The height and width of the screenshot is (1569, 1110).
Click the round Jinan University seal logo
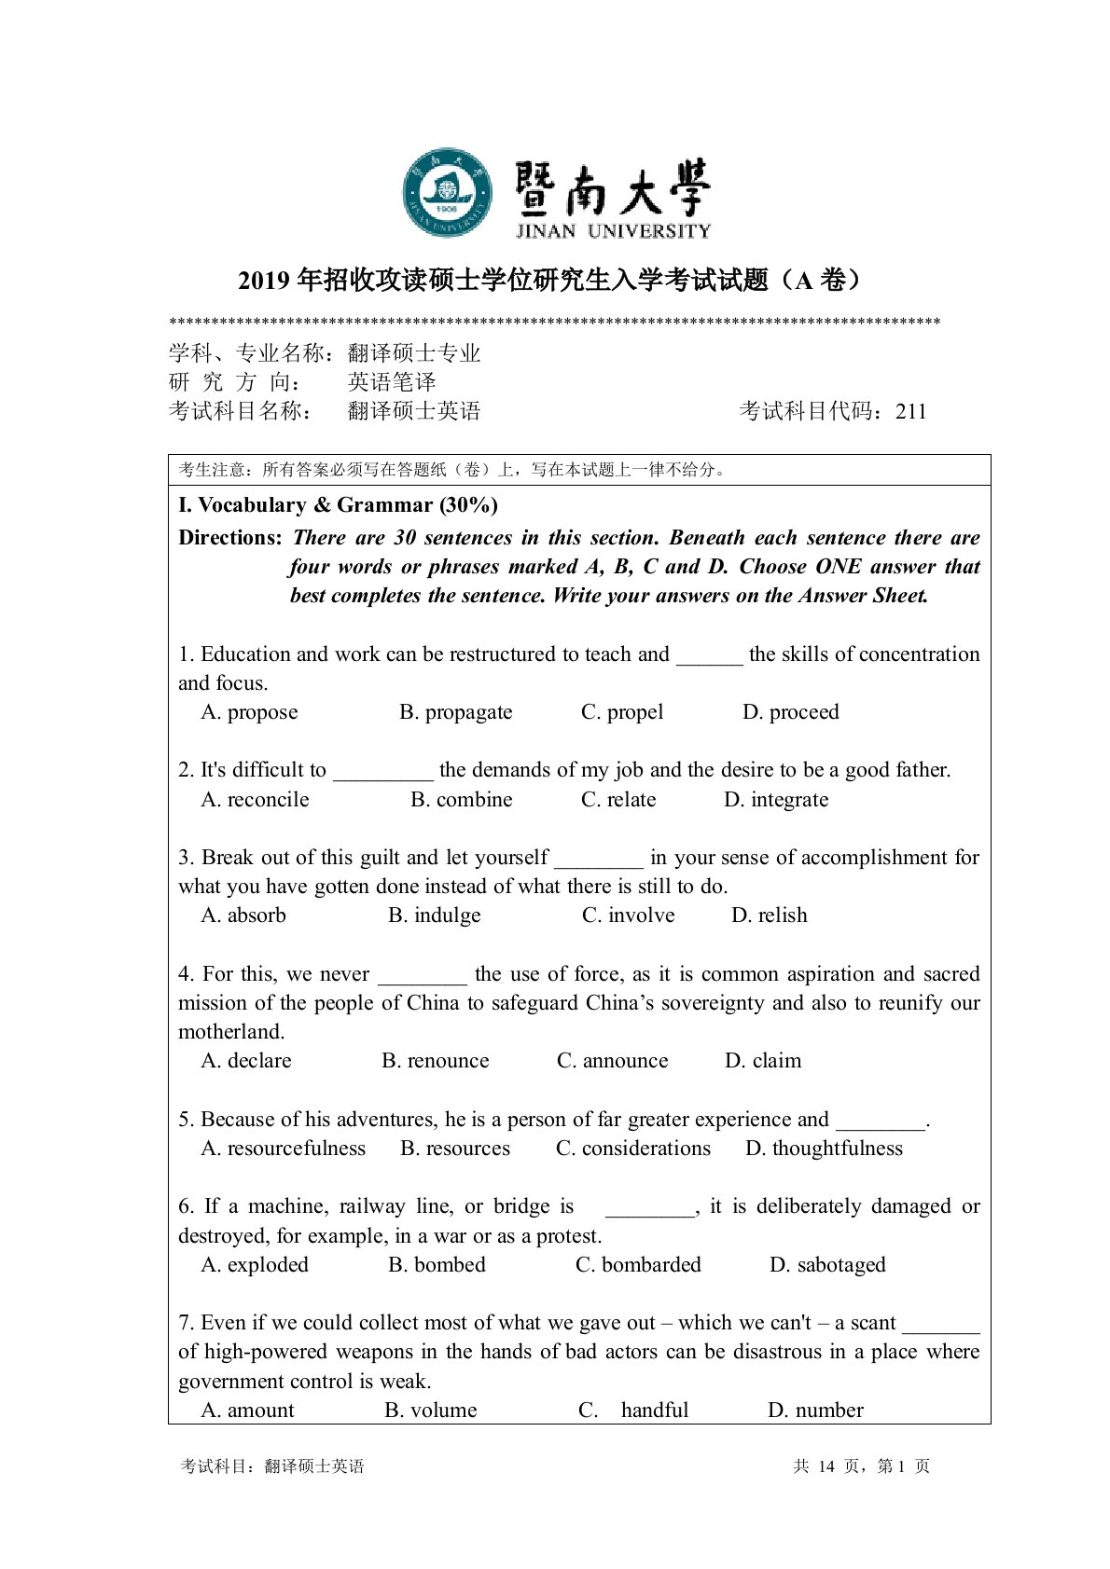click(x=447, y=193)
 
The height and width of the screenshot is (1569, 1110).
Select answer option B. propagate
click(x=455, y=712)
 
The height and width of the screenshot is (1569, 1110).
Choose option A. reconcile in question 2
click(x=255, y=800)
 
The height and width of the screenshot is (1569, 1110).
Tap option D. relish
click(x=769, y=915)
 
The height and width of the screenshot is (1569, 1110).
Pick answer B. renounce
click(x=435, y=1061)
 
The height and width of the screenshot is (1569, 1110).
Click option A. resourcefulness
click(x=283, y=1149)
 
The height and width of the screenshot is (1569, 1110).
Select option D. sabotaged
click(x=826, y=1265)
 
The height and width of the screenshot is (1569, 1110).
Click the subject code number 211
click(x=910, y=411)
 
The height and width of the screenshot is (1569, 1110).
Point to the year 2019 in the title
click(x=264, y=281)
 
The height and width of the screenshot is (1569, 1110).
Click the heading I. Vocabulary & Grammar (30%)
click(x=338, y=505)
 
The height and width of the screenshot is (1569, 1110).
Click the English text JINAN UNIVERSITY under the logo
click(x=613, y=231)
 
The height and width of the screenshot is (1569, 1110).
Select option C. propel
click(x=622, y=712)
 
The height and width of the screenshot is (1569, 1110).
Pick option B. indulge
click(x=434, y=915)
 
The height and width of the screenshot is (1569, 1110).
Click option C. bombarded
click(x=638, y=1265)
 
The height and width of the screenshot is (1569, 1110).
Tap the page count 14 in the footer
click(x=826, y=1466)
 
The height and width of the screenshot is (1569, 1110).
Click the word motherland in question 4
click(x=230, y=1032)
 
